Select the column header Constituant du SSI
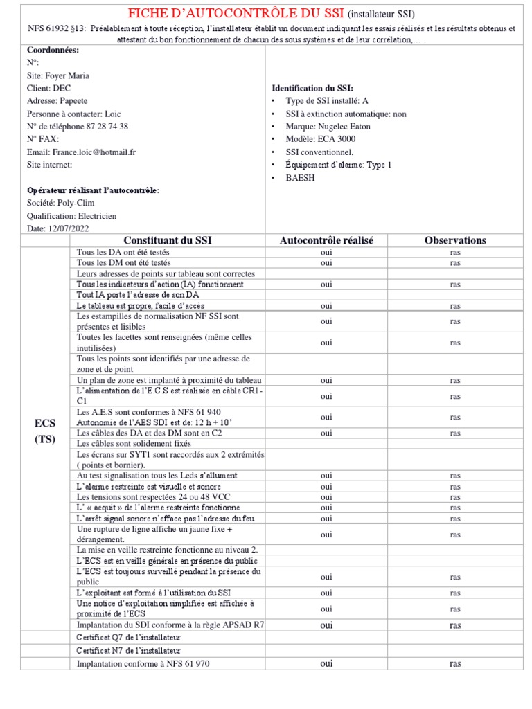click(x=168, y=240)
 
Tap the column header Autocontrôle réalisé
click(x=326, y=240)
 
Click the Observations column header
click(x=455, y=240)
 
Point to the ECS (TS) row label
click(x=45, y=430)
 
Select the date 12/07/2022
click(x=67, y=228)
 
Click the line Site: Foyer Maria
click(x=57, y=75)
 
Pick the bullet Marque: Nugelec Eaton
click(x=328, y=127)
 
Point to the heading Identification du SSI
click(x=312, y=89)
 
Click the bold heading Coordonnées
click(x=53, y=51)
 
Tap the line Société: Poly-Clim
click(x=62, y=203)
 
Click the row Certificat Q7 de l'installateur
click(x=128, y=637)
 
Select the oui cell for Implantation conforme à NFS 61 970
click(x=326, y=663)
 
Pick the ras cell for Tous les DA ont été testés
click(x=455, y=253)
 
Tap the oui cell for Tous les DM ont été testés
click(x=326, y=263)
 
